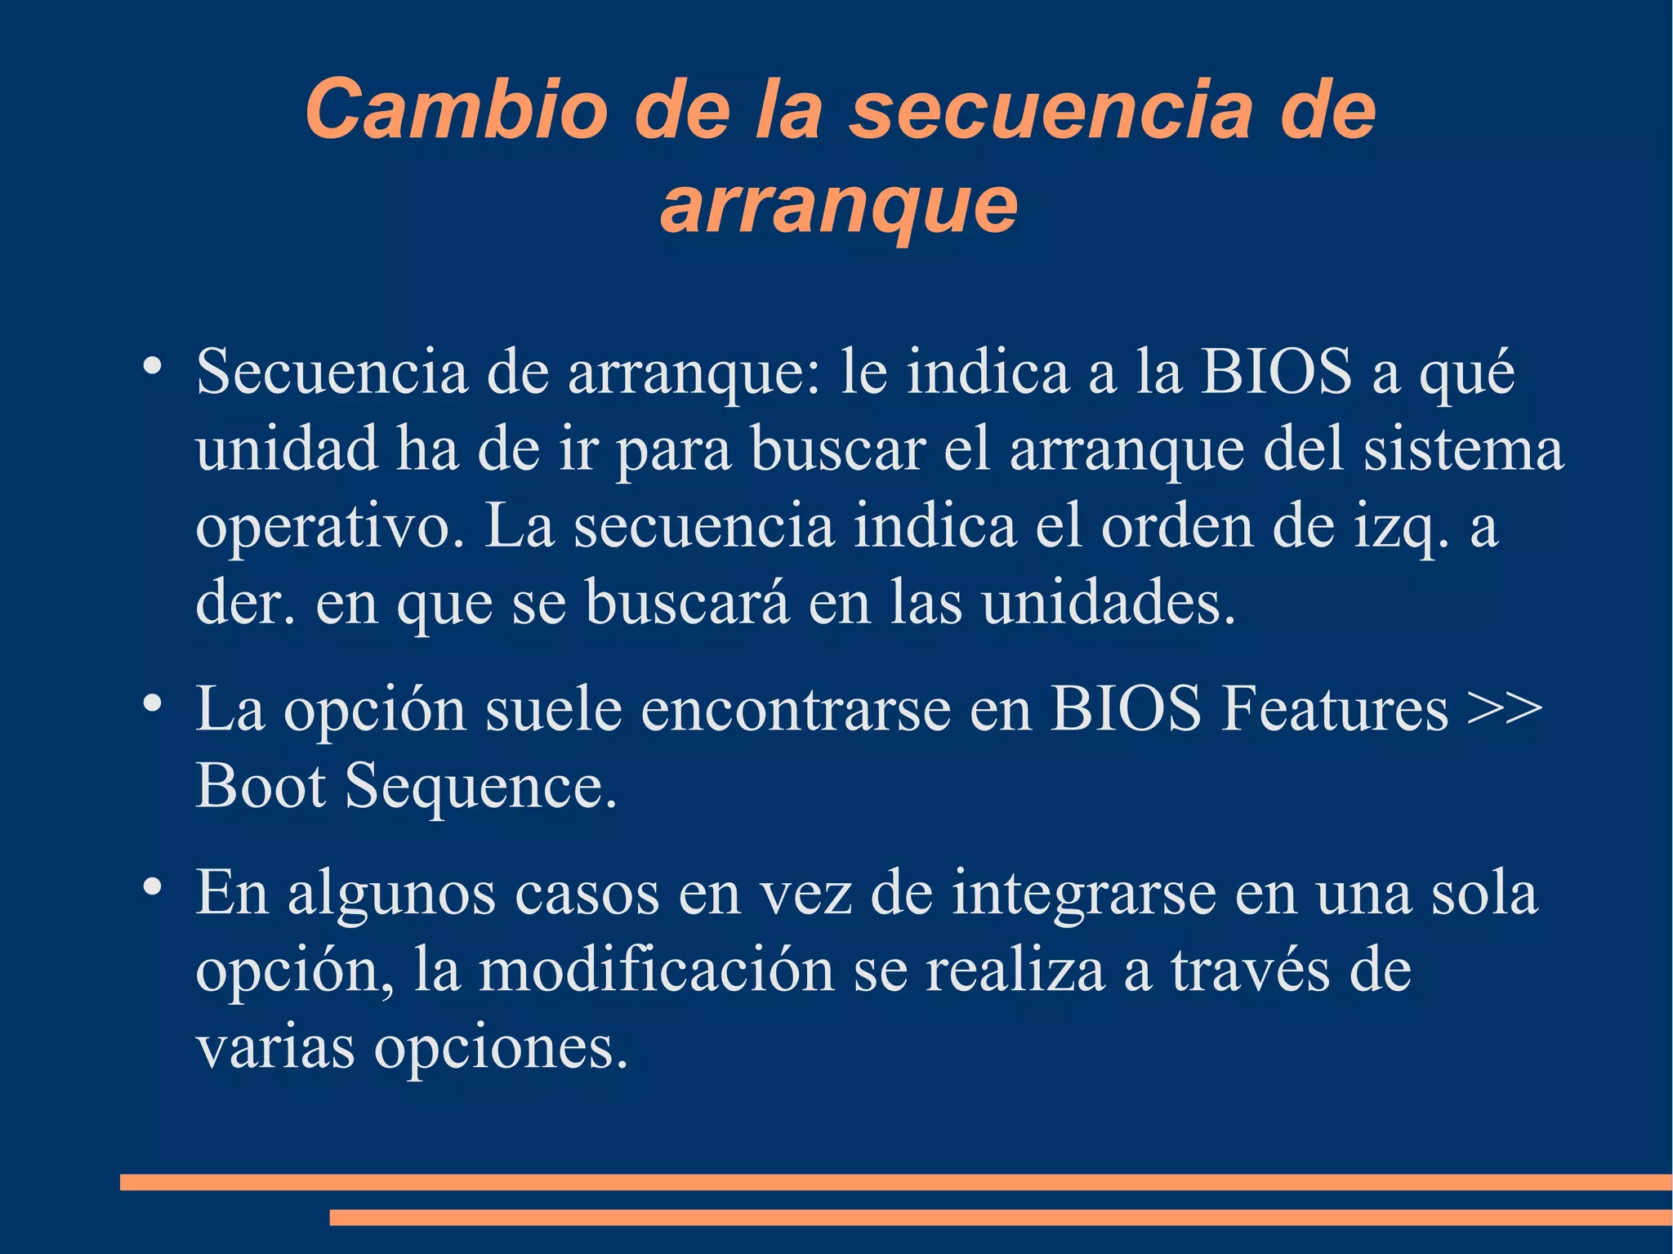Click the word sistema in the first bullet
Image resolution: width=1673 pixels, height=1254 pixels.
click(x=1462, y=449)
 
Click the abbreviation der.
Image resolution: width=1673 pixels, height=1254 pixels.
click(x=245, y=603)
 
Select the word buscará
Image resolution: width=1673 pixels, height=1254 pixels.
click(x=687, y=603)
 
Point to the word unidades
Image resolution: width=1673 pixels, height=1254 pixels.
click(x=1108, y=603)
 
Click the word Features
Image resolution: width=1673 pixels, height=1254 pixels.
click(x=1334, y=708)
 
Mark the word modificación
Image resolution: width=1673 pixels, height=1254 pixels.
click(x=656, y=971)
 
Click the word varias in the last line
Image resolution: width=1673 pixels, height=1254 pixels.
click(x=275, y=1048)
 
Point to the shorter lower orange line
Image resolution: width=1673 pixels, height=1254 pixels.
click(x=1000, y=1218)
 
